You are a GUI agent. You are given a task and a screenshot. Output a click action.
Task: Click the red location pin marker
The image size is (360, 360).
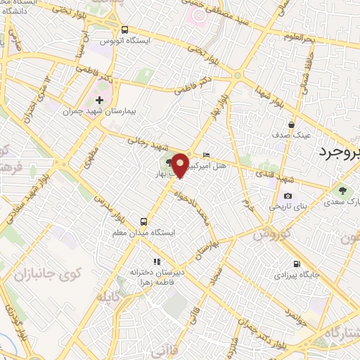[181, 163]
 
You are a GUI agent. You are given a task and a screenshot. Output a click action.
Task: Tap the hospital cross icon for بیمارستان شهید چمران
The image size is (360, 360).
[99, 100]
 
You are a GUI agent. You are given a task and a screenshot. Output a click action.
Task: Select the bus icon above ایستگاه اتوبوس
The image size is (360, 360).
[124, 30]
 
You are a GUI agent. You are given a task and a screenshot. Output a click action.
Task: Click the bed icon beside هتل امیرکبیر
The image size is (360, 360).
[205, 155]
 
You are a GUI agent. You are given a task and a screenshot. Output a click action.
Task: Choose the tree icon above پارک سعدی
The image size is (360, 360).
[342, 191]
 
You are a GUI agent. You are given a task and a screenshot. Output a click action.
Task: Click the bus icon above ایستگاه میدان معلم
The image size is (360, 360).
[145, 219]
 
